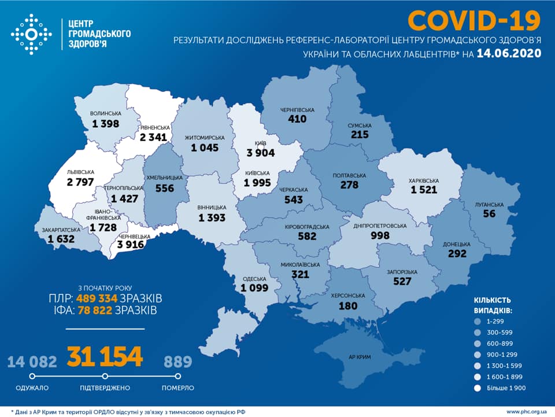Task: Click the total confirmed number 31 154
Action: (x=105, y=357)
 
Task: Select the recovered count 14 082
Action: (x=32, y=362)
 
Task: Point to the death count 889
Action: (x=177, y=362)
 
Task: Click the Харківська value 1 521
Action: (x=424, y=190)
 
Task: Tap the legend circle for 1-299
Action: (x=477, y=322)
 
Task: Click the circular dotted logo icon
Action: (x=31, y=35)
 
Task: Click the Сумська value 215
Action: (x=358, y=134)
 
